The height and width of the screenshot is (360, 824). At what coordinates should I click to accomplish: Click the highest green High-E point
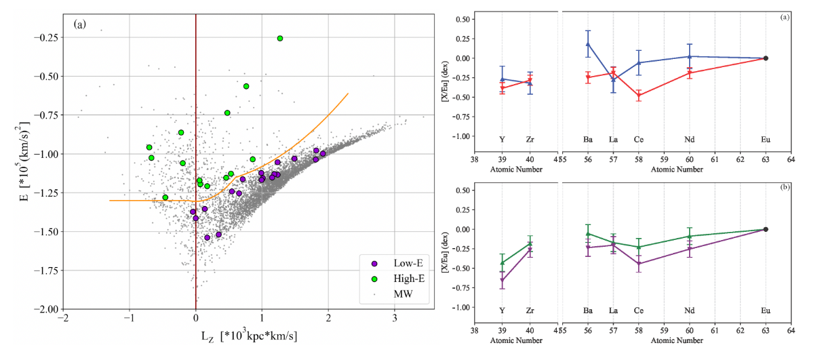pos(279,38)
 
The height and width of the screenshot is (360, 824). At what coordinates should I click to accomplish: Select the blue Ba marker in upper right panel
pos(588,44)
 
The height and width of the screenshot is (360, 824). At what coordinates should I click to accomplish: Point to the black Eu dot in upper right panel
pos(766,58)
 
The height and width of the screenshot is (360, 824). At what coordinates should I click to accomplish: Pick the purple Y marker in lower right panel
pos(502,280)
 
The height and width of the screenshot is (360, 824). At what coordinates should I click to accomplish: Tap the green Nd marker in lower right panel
pos(690,236)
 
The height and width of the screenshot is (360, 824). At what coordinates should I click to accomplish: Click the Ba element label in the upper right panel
pos(587,140)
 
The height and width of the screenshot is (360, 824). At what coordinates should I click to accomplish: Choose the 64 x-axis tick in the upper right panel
pos(791,161)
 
